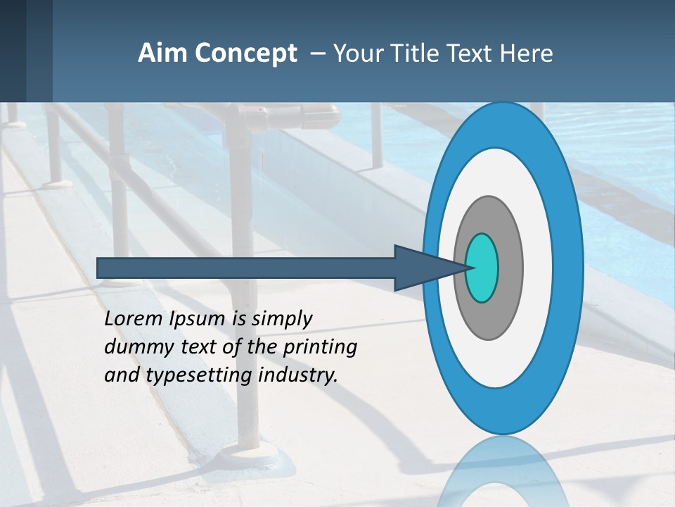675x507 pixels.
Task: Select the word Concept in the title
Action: pos(245,54)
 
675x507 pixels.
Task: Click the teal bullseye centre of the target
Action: pos(482,268)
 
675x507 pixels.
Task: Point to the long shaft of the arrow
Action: pos(246,268)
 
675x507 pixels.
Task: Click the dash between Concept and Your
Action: pos(317,54)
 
